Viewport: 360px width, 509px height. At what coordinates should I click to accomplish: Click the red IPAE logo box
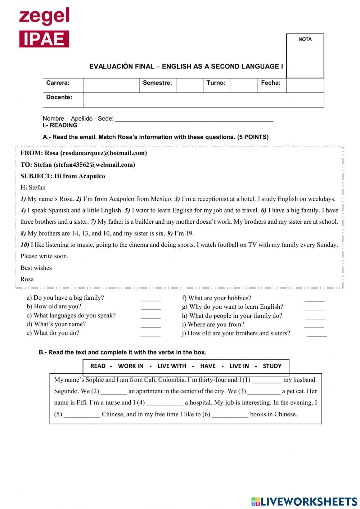point(44,39)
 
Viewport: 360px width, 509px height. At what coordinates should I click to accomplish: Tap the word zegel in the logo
point(44,16)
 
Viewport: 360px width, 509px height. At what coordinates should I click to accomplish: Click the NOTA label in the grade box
point(305,39)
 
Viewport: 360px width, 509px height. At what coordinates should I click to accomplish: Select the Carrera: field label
point(58,83)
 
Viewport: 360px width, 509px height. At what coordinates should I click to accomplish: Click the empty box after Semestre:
point(189,85)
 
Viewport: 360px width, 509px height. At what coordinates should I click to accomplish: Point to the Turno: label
point(216,83)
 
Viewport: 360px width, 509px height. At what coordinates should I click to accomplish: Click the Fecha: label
point(271,83)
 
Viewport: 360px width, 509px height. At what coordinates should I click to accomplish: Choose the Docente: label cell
point(59,97)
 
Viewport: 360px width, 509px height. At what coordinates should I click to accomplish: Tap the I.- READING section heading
point(60,125)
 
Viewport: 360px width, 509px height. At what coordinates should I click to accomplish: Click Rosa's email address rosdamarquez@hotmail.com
point(104,153)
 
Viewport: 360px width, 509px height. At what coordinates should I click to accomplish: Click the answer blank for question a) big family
point(150,299)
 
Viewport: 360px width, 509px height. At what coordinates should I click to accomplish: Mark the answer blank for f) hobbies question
point(314,299)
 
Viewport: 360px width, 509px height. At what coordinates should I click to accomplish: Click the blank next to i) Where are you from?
point(314,326)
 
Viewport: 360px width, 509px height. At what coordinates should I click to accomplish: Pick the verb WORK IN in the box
point(131,366)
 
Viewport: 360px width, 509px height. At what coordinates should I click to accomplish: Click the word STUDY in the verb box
point(272,366)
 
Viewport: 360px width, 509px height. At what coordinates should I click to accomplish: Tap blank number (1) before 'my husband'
point(267,380)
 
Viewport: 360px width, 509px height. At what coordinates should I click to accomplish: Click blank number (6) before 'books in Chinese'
point(230,415)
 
